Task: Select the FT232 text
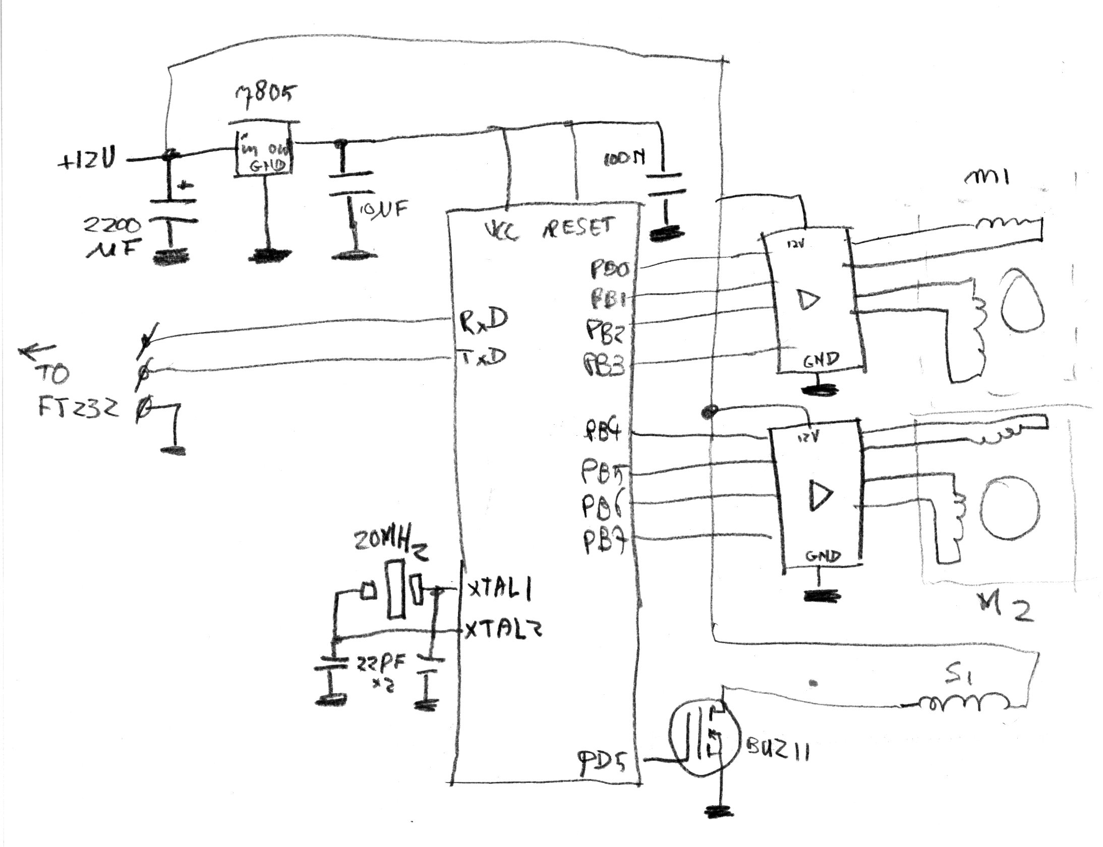pyautogui.click(x=78, y=407)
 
